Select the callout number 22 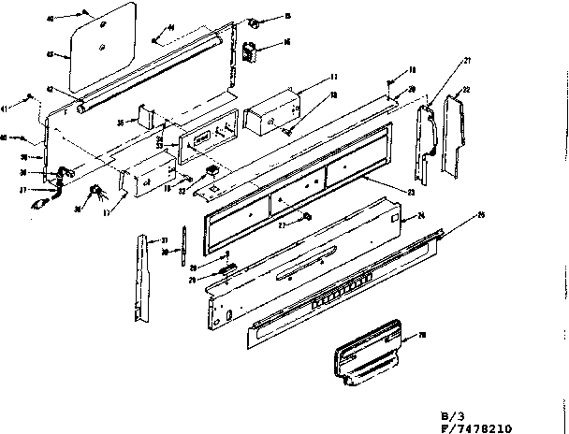point(466,89)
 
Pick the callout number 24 point(418,216)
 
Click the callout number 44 point(171,28)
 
